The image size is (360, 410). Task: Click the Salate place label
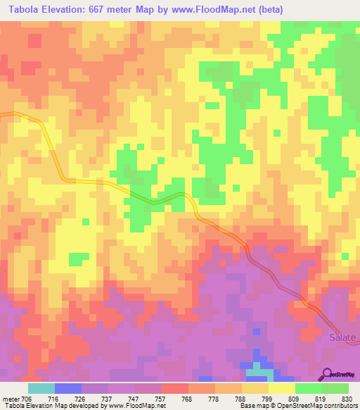click(343, 337)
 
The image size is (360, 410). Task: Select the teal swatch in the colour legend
click(41, 388)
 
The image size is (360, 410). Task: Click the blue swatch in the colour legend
click(68, 388)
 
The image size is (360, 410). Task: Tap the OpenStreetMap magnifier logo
click(328, 373)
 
